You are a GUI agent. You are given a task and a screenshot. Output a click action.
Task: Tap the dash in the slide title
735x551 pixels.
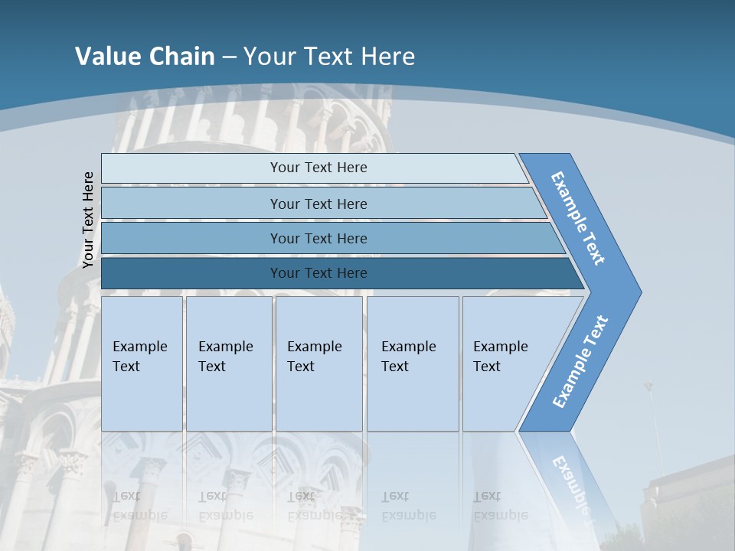coord(229,57)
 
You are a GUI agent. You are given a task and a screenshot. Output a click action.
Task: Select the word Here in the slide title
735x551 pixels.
coord(387,57)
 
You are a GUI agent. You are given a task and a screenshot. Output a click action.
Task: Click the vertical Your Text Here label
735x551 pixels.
coord(88,220)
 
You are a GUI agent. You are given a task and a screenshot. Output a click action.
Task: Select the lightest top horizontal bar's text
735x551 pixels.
coord(318,168)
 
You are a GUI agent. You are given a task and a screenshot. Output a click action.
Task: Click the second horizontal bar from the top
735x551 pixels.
coord(318,204)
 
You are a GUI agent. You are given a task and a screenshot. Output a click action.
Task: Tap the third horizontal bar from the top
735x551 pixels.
coord(318,239)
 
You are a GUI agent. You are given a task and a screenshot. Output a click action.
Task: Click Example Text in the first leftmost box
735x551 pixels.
coord(139,357)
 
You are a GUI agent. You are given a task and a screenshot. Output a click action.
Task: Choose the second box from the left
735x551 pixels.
coord(228,363)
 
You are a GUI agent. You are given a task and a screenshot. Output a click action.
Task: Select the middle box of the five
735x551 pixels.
coord(318,363)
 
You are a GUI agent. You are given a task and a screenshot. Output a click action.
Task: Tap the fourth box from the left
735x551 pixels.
coord(413,363)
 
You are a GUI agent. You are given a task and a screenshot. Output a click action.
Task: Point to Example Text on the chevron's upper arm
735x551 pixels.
coord(578,218)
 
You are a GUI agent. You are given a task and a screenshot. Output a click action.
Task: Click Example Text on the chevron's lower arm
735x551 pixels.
coord(580,361)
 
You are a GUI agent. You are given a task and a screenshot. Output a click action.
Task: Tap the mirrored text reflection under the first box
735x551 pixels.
coord(139,505)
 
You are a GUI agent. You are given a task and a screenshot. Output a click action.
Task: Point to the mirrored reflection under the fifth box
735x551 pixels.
coord(500,505)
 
